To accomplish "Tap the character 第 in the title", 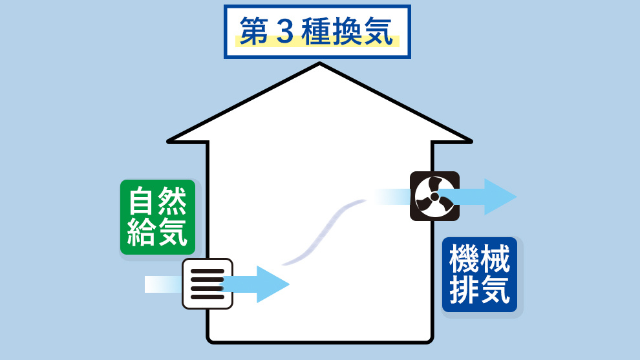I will click(254, 32).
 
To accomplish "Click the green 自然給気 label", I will click(158, 217).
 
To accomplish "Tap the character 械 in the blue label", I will click(495, 260).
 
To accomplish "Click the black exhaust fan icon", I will click(434, 196).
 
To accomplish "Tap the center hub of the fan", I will click(434, 196).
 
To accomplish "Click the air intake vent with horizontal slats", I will click(207, 284).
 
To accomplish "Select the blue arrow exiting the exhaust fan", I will click(485, 196).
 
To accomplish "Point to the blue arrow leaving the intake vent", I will click(259, 284).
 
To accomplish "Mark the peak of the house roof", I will click(319, 64).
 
